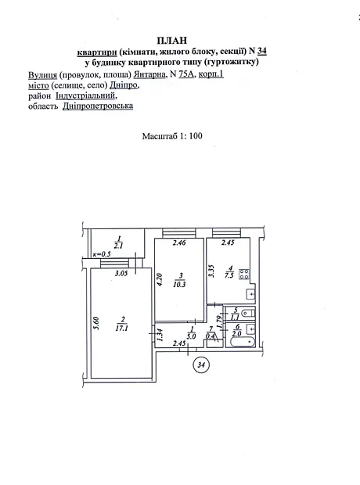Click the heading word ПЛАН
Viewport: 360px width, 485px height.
click(x=172, y=41)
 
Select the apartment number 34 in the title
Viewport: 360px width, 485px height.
click(x=262, y=51)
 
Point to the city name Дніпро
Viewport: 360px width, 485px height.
click(x=124, y=85)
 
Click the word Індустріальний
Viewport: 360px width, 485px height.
click(x=86, y=95)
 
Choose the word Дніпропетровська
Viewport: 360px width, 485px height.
click(x=98, y=106)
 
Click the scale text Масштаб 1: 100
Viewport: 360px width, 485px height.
click(x=172, y=136)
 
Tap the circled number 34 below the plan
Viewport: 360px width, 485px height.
click(x=201, y=365)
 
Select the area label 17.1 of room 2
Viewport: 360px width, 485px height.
click(x=121, y=329)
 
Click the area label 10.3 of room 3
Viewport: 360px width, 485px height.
click(x=179, y=285)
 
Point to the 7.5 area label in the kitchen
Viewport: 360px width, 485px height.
click(x=229, y=275)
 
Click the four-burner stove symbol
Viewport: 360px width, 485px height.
click(x=244, y=275)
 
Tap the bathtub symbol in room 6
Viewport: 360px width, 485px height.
click(x=243, y=342)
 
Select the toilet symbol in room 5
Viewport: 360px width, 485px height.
click(x=247, y=313)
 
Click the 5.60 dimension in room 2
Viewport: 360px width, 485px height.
click(x=96, y=324)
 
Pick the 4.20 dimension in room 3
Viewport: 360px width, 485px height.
click(x=160, y=279)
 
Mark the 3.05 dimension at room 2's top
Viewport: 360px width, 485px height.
click(x=121, y=273)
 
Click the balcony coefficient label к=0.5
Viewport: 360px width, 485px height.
click(x=102, y=254)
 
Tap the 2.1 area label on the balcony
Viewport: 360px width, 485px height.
click(x=118, y=246)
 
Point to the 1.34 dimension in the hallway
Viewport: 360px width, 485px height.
click(x=160, y=335)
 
